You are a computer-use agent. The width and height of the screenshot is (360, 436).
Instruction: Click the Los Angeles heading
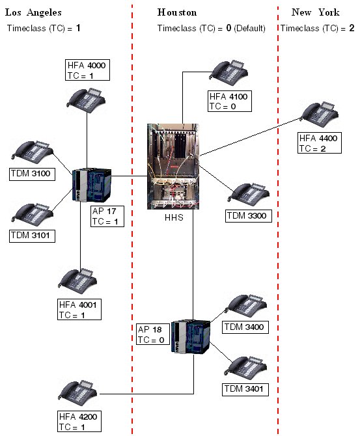(33, 12)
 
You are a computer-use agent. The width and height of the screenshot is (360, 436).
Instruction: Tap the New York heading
(316, 12)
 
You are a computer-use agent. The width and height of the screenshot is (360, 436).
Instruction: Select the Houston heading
(177, 12)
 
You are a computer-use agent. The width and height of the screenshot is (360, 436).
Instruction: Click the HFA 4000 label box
(87, 70)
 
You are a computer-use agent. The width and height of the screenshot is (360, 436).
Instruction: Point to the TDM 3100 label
(32, 174)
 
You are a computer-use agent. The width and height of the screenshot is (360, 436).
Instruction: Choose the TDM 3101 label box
(32, 236)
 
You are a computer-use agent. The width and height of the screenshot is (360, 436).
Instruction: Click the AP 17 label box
(107, 216)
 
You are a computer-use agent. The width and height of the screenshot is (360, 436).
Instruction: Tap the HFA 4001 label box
(79, 310)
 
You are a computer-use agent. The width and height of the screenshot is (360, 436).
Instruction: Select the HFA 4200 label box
(79, 421)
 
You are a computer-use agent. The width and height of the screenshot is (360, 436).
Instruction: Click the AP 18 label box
(153, 334)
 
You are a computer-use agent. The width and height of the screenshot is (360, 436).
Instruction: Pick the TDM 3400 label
(245, 327)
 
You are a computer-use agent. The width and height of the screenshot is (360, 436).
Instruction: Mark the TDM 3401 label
(245, 389)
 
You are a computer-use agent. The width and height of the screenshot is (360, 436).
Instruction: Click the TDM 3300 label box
(248, 216)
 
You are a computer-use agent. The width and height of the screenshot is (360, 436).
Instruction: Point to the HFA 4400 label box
(320, 143)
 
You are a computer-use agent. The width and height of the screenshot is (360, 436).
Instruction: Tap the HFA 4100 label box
(230, 102)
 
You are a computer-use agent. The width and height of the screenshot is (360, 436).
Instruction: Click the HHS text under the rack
(174, 217)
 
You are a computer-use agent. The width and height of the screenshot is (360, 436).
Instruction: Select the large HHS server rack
(173, 167)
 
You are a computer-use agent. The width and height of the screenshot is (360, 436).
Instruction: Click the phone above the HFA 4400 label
(320, 115)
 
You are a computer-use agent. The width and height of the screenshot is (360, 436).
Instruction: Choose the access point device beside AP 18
(191, 336)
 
